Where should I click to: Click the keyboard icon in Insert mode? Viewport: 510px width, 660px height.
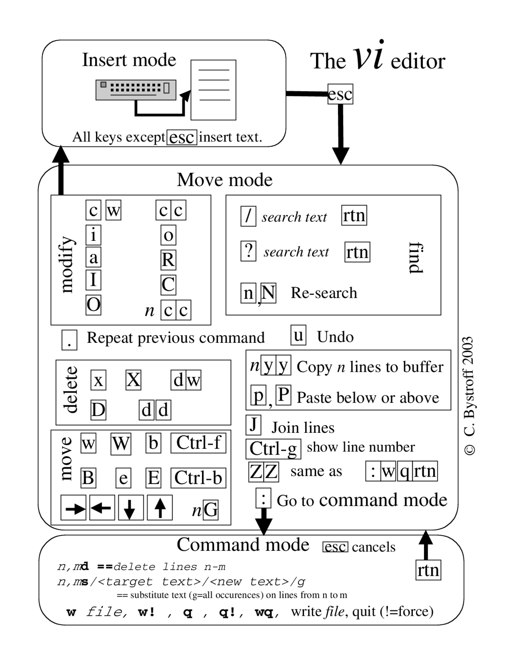tap(136, 90)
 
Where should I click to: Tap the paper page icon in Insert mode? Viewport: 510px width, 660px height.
tap(214, 90)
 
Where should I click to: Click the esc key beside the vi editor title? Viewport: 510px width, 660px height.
tap(340, 94)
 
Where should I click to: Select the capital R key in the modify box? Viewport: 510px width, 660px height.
tap(168, 260)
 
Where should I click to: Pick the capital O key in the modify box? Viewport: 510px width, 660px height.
tap(94, 305)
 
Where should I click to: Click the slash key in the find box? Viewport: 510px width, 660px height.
tap(248, 216)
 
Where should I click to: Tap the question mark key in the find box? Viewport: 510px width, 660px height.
tap(248, 251)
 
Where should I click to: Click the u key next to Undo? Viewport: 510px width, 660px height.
tap(298, 335)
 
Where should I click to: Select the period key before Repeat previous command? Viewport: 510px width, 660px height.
tap(69, 340)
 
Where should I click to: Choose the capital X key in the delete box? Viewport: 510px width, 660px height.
tap(133, 380)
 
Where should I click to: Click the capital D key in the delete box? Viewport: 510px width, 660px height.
tap(98, 410)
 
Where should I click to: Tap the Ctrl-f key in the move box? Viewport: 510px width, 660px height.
tap(198, 443)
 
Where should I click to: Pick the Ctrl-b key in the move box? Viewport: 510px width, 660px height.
tap(198, 478)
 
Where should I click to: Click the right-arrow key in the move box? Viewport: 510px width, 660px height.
tap(74, 508)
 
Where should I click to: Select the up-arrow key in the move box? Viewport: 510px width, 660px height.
tap(160, 508)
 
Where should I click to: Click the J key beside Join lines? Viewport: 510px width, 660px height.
tap(253, 425)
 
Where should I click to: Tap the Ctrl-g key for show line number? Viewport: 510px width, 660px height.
tap(273, 449)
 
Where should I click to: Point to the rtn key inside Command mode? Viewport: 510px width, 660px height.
tap(428, 570)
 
